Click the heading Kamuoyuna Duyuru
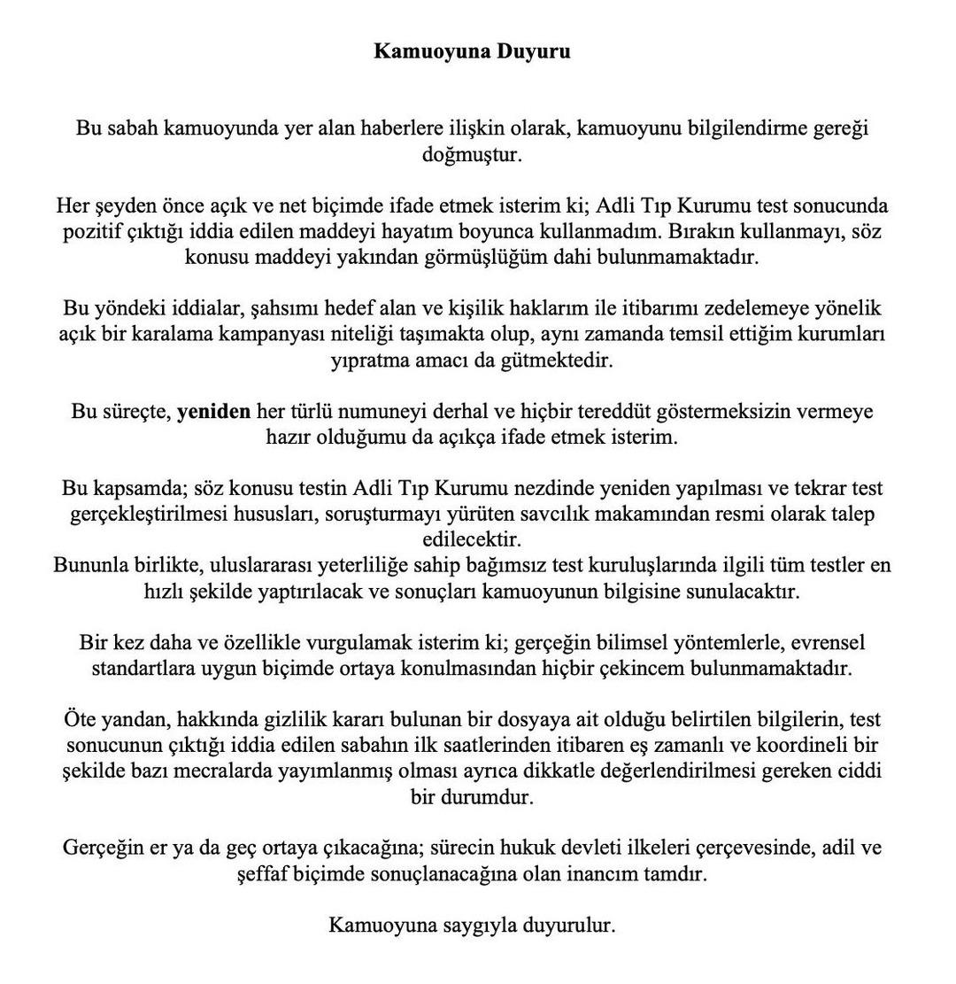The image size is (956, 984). click(472, 50)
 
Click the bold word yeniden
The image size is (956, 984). click(213, 411)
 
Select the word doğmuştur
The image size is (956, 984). click(472, 154)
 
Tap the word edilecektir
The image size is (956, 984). click(472, 538)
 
